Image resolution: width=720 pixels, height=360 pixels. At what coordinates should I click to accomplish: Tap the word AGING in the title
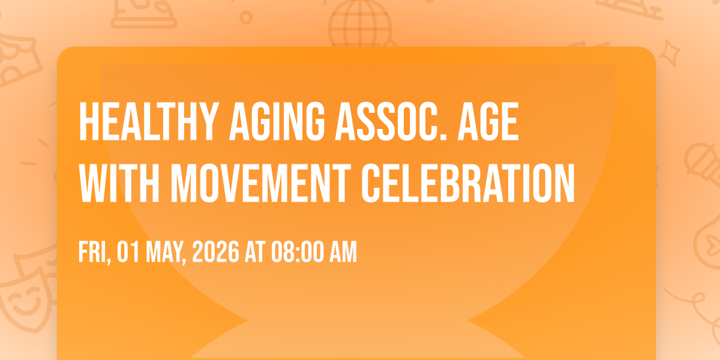coord(277,121)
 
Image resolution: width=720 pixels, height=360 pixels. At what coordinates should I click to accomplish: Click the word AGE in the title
coord(488,121)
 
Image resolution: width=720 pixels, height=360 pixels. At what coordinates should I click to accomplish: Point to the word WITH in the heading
coord(119,183)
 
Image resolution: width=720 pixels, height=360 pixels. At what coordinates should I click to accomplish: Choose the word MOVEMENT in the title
coord(261,183)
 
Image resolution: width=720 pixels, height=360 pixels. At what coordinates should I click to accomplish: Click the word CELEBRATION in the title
coord(468,183)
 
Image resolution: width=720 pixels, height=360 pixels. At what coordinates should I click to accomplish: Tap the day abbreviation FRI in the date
coord(93,252)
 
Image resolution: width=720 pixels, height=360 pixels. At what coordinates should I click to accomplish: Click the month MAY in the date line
coord(165,252)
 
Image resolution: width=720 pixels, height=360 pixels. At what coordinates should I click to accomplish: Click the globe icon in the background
coord(360,23)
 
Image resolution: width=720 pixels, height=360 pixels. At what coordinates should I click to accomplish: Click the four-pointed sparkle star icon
coord(669,53)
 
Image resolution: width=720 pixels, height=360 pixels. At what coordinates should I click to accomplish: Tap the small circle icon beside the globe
coord(246,17)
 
